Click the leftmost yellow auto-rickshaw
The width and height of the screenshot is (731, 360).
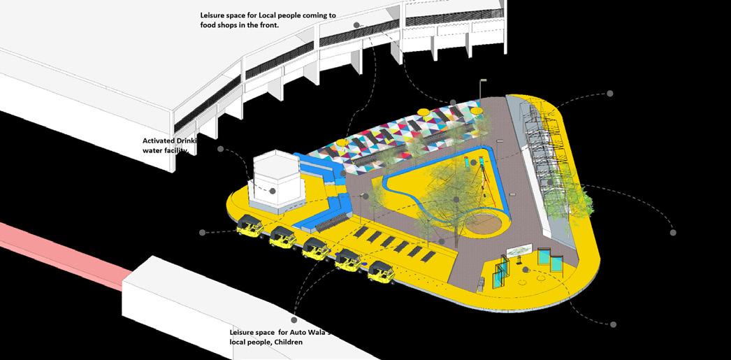click(249, 227)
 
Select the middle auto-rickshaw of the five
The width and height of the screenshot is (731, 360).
click(315, 249)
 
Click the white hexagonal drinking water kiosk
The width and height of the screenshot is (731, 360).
click(275, 180)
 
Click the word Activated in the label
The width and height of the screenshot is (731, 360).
click(159, 141)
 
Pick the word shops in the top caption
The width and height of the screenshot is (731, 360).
click(236, 25)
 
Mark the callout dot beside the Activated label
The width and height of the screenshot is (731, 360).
click(221, 149)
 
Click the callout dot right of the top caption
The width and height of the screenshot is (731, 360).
click(356, 24)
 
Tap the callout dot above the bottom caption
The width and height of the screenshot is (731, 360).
click(294, 319)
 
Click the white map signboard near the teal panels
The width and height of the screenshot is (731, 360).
click(522, 250)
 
